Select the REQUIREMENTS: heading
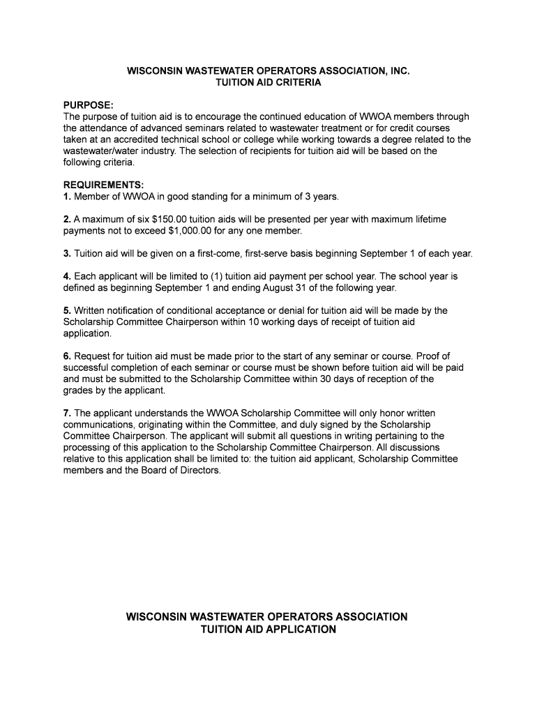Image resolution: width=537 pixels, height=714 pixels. click(x=103, y=185)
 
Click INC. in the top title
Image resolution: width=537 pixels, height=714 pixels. click(x=398, y=71)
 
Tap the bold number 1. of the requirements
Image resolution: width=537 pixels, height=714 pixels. click(x=67, y=196)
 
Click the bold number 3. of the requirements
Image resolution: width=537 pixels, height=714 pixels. click(x=67, y=253)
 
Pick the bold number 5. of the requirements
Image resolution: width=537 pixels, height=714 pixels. click(x=67, y=310)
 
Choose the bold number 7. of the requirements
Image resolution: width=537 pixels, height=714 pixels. click(x=67, y=413)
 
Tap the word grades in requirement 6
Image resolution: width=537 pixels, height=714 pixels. click(x=78, y=390)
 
